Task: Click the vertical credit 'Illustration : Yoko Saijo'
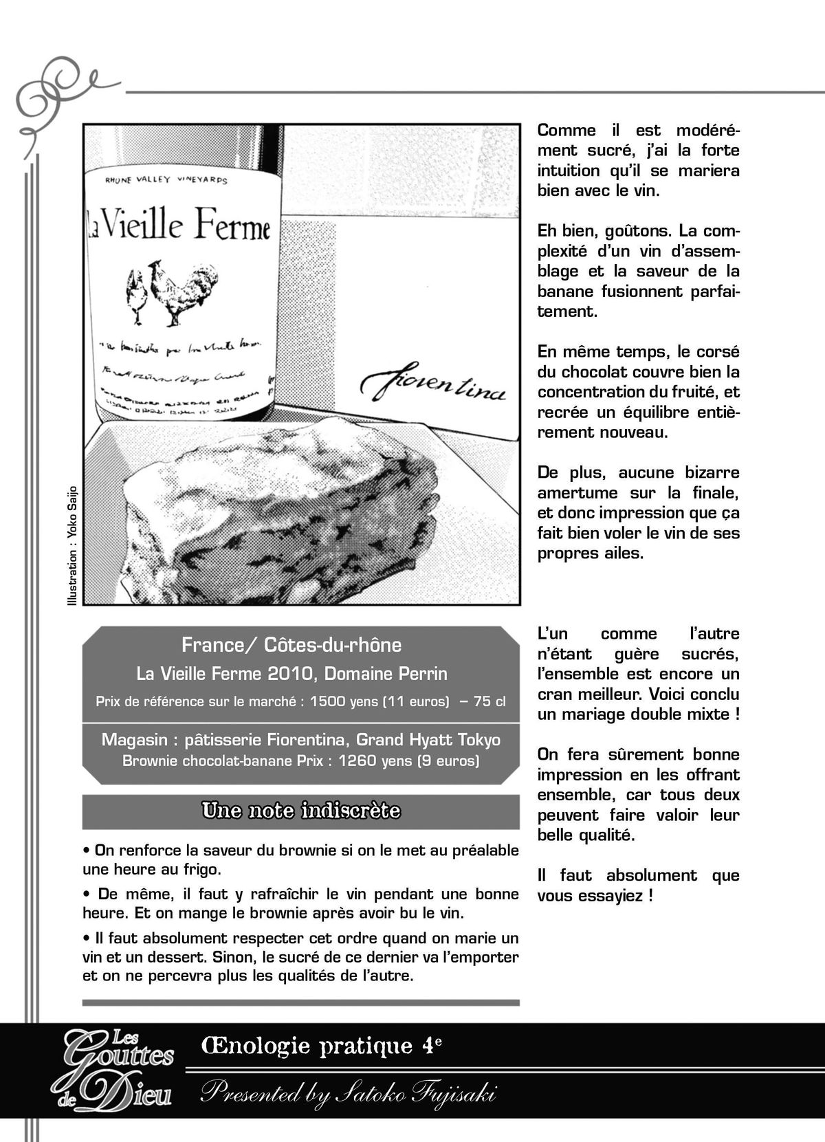point(73,546)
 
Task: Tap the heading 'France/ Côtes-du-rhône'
point(291,645)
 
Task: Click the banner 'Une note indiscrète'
point(300,811)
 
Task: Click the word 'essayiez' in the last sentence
point(611,896)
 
